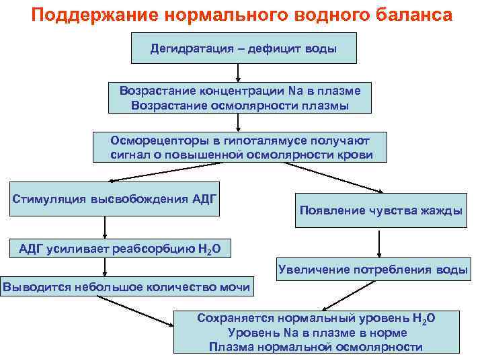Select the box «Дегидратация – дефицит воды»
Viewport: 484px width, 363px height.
tap(243, 48)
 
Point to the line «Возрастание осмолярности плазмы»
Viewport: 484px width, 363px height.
tap(240, 106)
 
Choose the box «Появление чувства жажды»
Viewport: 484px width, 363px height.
tap(380, 211)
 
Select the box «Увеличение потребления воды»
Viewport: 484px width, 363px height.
tap(373, 270)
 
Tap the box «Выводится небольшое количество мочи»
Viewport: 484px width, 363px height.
tap(128, 288)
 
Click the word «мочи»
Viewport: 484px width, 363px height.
tap(236, 288)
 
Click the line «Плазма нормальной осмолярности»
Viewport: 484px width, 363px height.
tap(315, 347)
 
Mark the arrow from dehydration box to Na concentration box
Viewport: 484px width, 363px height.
tap(239, 73)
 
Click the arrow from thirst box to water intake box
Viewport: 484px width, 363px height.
tap(380, 241)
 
